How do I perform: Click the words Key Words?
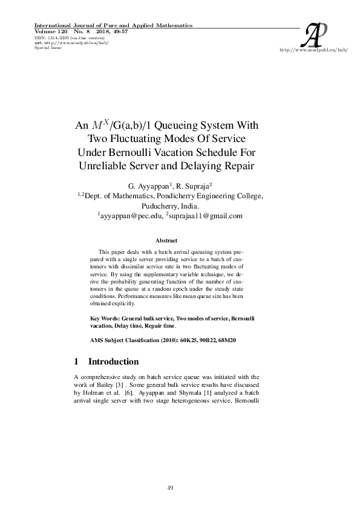(x=105, y=317)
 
